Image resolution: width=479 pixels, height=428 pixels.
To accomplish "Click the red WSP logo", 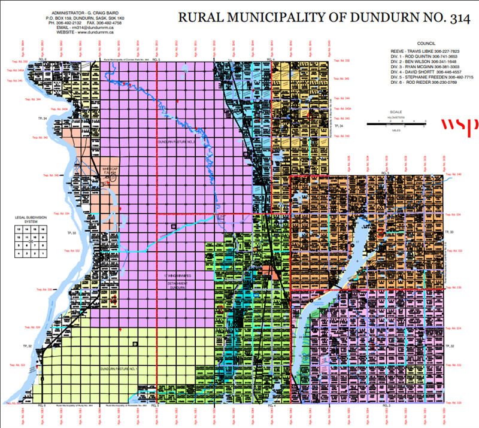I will (x=459, y=125).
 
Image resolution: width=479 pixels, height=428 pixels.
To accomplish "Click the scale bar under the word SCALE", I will (x=395, y=123).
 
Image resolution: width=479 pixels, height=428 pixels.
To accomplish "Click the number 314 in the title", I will (x=445, y=17).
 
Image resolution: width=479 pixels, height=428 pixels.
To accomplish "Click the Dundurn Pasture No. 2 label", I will (x=177, y=142).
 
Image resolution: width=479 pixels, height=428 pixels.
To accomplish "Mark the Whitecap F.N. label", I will (x=110, y=171).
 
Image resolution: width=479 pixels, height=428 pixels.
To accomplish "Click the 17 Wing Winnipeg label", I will (x=177, y=276).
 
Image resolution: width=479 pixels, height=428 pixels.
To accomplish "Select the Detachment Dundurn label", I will (x=177, y=284).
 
